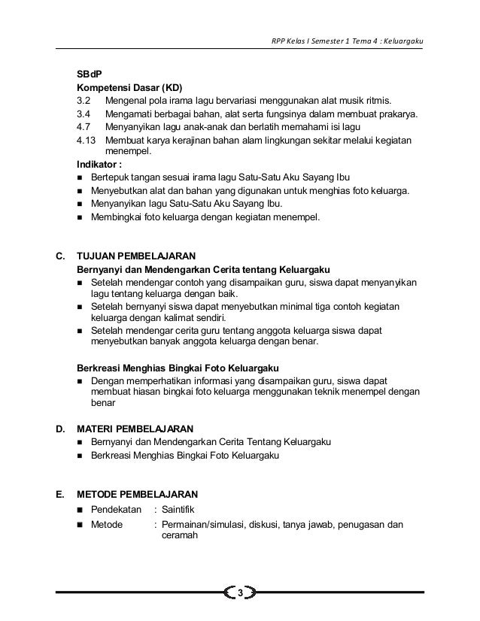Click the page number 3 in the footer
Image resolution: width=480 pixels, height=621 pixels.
click(x=239, y=594)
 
